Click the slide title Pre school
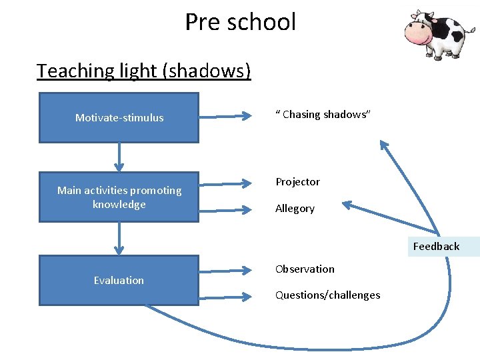click(x=240, y=22)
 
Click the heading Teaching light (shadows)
click(x=143, y=70)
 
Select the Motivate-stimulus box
click(x=119, y=118)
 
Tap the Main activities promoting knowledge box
click(x=119, y=197)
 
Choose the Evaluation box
click(x=119, y=281)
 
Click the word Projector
click(x=297, y=182)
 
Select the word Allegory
click(x=295, y=209)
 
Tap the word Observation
click(x=305, y=269)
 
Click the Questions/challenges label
click(x=327, y=295)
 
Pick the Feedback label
click(x=436, y=247)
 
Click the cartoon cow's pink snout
click(x=418, y=36)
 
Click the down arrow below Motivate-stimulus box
click(x=119, y=157)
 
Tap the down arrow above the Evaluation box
click(x=119, y=238)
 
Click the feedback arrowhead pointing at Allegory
click(x=347, y=204)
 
